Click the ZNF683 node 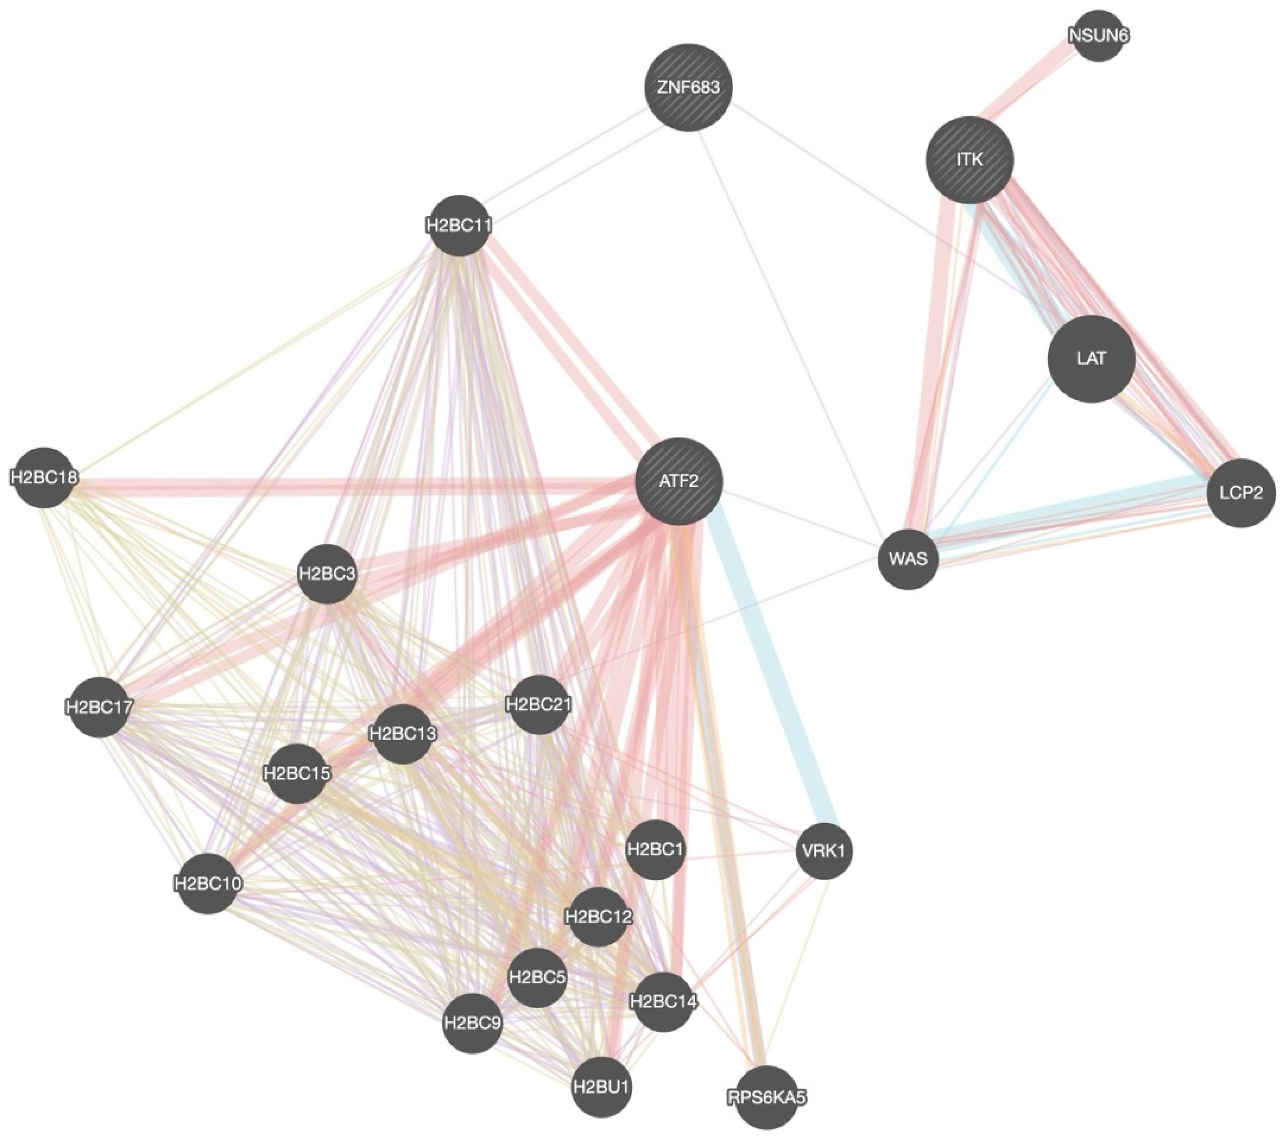click(689, 87)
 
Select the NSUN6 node click(1098, 36)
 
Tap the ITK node click(970, 159)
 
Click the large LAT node click(1091, 358)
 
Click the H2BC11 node click(459, 225)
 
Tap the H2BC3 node click(327, 573)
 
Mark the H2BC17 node click(98, 706)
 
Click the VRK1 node click(824, 851)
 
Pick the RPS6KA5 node click(766, 1097)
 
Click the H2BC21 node click(538, 704)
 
